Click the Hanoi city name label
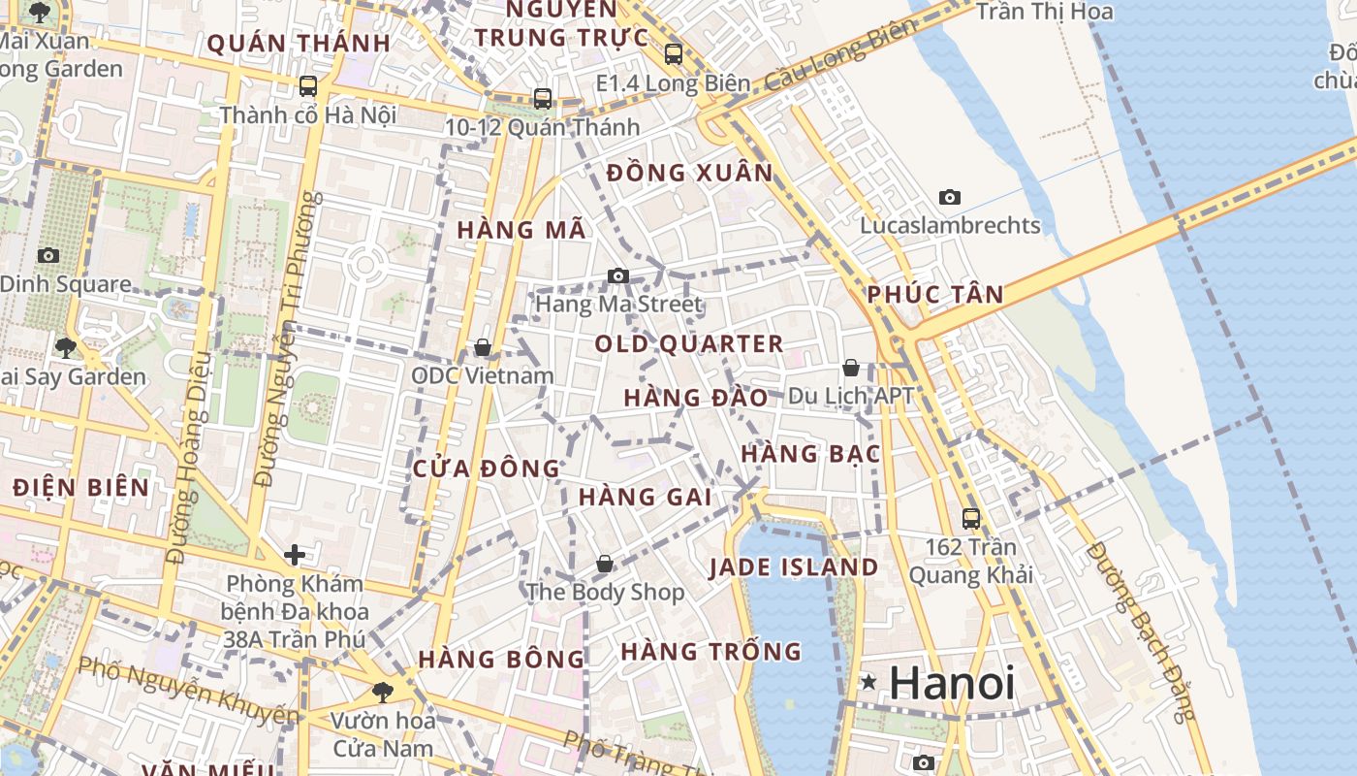(952, 683)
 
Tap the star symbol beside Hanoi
(869, 683)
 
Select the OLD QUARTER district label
(689, 343)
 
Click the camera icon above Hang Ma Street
(618, 276)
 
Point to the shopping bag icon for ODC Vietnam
(482, 347)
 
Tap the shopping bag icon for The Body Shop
(605, 564)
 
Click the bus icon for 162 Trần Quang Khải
(971, 519)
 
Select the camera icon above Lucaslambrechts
(950, 198)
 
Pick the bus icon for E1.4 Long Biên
(674, 54)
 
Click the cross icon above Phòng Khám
(295, 555)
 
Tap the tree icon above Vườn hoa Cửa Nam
(383, 692)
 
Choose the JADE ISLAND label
(794, 567)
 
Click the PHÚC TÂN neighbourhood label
(935, 295)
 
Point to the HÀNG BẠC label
(810, 454)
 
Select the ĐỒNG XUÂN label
(690, 174)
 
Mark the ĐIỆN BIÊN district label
(81, 487)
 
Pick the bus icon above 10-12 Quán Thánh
(543, 99)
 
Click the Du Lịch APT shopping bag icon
(850, 368)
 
